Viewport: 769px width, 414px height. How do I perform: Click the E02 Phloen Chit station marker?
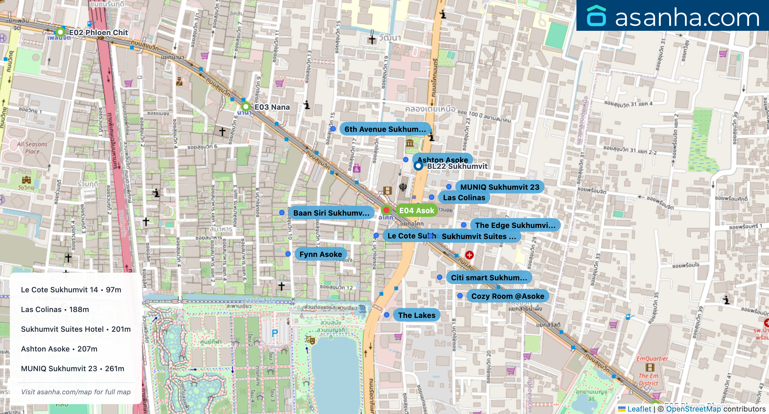click(x=60, y=32)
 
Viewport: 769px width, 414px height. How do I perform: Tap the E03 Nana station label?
click(x=272, y=107)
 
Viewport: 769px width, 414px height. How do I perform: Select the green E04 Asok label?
click(x=417, y=211)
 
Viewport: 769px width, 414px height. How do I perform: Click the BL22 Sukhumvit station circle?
click(x=418, y=166)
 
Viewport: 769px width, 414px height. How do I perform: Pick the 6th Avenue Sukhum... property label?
click(x=385, y=129)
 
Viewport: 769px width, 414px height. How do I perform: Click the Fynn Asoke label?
click(x=320, y=254)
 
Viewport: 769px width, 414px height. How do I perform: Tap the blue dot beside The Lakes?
click(x=387, y=315)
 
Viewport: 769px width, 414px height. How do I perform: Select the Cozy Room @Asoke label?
click(x=507, y=296)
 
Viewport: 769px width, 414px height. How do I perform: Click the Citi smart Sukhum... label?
click(x=489, y=278)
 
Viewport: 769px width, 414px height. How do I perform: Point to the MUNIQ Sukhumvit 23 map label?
click(x=499, y=187)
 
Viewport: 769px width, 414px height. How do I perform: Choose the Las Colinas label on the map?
click(x=464, y=198)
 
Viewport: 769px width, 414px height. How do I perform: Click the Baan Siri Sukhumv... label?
click(x=331, y=213)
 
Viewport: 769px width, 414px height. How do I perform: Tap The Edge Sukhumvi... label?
click(x=515, y=225)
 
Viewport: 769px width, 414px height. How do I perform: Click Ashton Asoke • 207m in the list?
click(x=59, y=349)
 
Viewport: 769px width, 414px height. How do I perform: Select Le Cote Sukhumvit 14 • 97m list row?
click(x=71, y=290)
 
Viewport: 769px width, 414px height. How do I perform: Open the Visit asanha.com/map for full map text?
click(x=76, y=392)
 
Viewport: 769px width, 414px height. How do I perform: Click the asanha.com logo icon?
click(x=596, y=16)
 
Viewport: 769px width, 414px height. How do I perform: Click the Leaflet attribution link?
click(x=639, y=409)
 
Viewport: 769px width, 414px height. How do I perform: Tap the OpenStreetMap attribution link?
click(x=693, y=409)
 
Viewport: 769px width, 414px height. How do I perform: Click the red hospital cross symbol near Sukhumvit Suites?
click(x=469, y=255)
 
